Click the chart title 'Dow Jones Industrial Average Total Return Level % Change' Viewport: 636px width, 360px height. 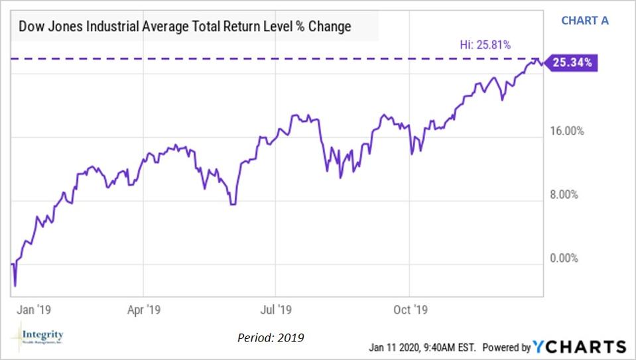(185, 27)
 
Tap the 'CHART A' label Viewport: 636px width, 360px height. (584, 20)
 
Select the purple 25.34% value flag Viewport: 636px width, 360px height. (572, 63)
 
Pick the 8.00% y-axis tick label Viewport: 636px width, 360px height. (568, 195)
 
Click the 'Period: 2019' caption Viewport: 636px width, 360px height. (270, 338)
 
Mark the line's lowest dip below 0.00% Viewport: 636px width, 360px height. (15, 286)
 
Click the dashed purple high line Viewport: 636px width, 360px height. (265, 59)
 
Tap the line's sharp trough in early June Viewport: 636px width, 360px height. (232, 204)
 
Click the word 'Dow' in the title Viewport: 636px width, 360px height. (31, 27)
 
